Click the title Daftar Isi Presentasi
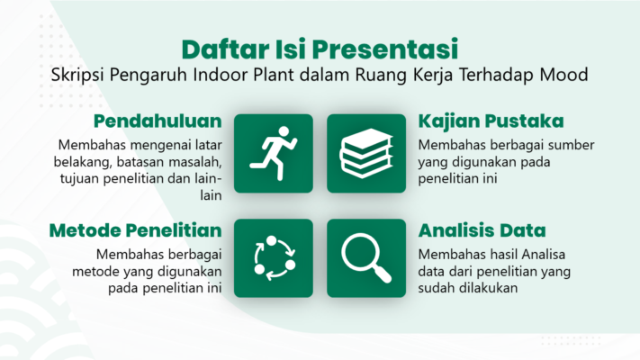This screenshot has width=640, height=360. click(x=320, y=49)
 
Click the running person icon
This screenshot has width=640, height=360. click(x=273, y=154)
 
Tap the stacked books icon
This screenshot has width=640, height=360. click(x=366, y=154)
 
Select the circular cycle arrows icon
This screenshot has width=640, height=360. click(x=275, y=258)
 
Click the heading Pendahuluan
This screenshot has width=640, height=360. click(x=158, y=121)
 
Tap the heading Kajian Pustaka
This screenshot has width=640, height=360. click(x=491, y=121)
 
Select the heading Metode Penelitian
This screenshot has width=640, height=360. click(x=136, y=230)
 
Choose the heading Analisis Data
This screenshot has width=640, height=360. click(x=482, y=230)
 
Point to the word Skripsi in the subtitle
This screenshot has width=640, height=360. click(x=77, y=76)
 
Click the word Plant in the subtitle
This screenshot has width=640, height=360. click(x=273, y=75)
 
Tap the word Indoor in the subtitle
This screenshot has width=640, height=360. click(x=220, y=75)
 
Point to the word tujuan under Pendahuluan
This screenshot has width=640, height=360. click(x=79, y=179)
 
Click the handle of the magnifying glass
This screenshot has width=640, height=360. click(x=383, y=273)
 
